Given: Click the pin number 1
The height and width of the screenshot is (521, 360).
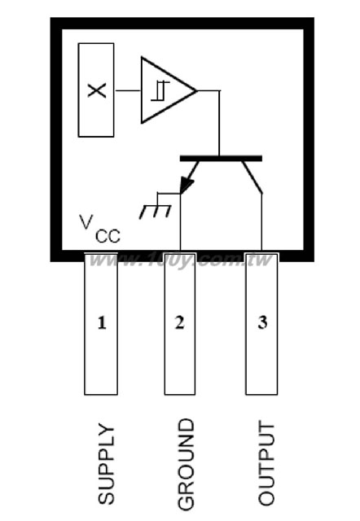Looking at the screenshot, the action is [102, 322].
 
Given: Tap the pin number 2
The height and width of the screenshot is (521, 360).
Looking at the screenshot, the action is [179, 322].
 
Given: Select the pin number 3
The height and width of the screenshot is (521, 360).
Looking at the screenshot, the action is [262, 322].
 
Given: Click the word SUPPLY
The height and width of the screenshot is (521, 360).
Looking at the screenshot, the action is [106, 464].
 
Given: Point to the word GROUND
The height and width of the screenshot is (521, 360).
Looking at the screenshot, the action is [186, 464].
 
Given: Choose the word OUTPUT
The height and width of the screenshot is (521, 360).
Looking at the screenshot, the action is [266, 464].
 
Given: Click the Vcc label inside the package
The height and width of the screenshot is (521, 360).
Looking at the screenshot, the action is [99, 229].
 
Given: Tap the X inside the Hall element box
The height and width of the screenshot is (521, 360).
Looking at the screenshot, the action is [97, 90].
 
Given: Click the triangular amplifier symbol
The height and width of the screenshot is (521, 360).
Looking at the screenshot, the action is [168, 90].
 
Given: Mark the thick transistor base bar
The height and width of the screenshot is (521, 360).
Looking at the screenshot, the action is [221, 159].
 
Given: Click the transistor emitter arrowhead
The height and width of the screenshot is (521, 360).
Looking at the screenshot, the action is [187, 186].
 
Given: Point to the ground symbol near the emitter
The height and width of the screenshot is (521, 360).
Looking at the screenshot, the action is [156, 206].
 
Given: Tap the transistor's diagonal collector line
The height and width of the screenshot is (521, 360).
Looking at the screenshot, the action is [252, 177].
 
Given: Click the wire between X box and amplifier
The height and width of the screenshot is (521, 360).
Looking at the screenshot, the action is [127, 90].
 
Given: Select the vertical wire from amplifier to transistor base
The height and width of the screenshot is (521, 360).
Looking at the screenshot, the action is [219, 123].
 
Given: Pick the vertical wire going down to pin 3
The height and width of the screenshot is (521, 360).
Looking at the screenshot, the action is [261, 221].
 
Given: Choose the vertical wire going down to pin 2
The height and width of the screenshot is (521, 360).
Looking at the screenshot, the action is [180, 221].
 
